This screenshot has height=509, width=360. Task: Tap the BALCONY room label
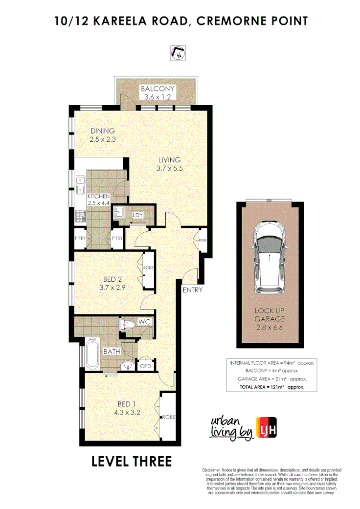point(157,89)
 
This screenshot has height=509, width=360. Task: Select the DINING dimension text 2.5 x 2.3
point(102,139)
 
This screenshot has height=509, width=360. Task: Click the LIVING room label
point(169,160)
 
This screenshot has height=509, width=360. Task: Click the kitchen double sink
point(80,186)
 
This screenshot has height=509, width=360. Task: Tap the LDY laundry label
point(137,215)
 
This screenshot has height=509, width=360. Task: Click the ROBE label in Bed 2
point(148,268)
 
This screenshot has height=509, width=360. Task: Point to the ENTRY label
point(192,290)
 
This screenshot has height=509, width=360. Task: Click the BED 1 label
point(126,404)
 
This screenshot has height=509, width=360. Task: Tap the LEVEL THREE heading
point(132,461)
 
